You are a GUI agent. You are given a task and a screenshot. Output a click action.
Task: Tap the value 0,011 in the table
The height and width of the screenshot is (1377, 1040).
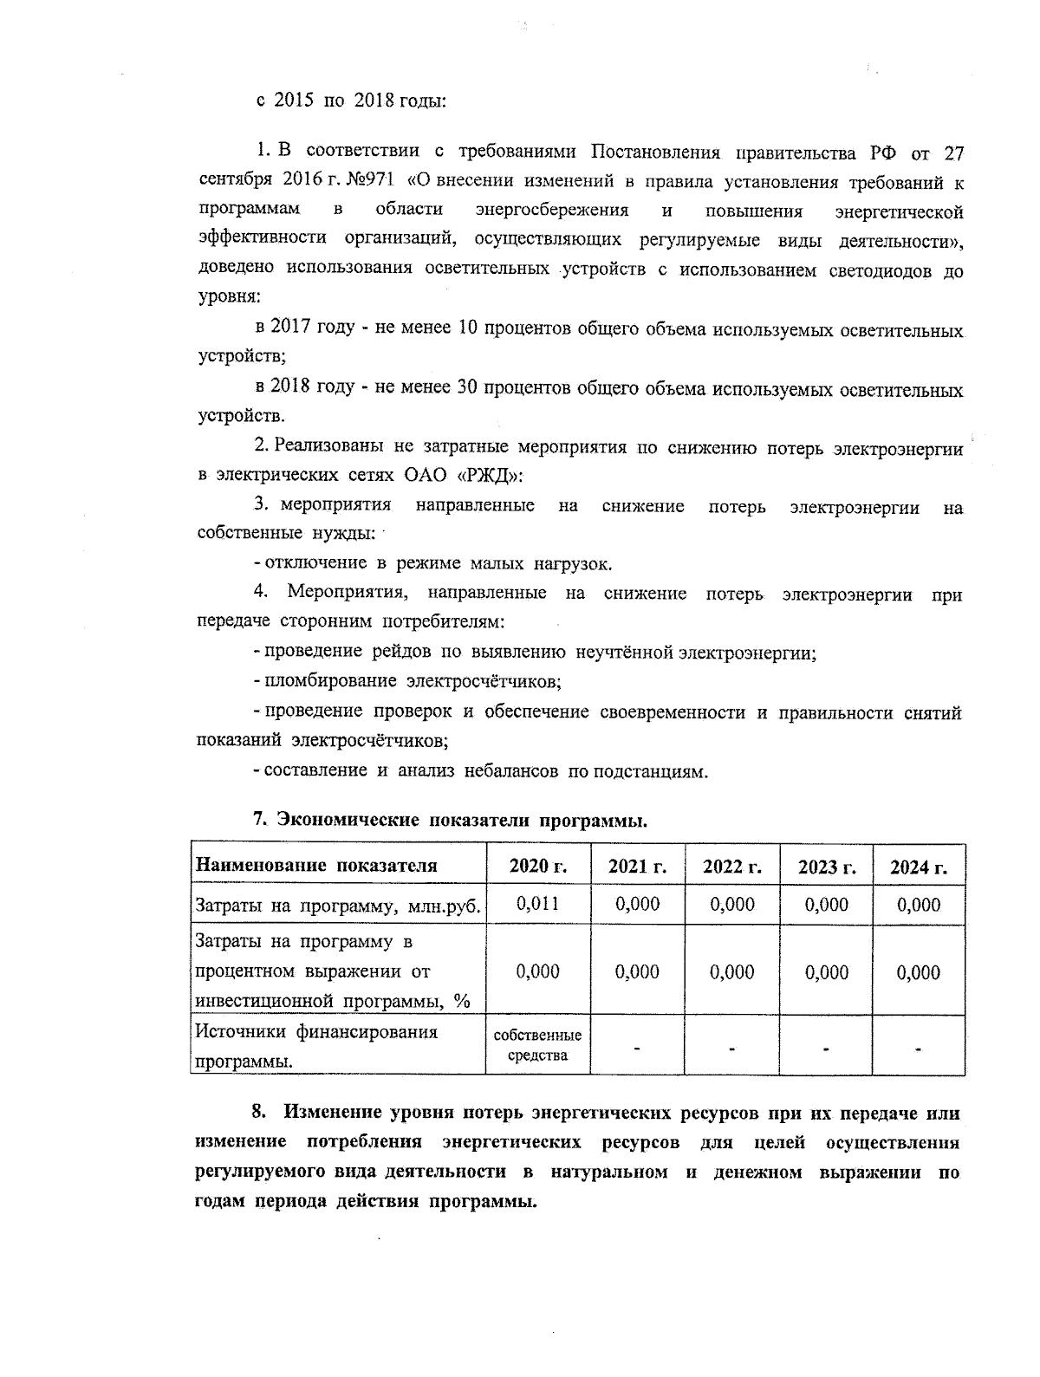(537, 904)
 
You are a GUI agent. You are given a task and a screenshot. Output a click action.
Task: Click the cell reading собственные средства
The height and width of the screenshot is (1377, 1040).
(537, 1045)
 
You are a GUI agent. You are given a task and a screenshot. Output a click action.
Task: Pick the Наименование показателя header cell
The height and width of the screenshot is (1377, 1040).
(316, 866)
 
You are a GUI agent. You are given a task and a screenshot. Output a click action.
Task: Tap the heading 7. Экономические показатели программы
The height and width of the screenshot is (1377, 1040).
(450, 820)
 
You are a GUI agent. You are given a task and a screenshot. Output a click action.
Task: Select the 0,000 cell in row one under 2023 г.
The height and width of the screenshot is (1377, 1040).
(827, 904)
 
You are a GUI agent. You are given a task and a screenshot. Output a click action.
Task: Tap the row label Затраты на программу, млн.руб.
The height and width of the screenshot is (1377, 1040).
(337, 906)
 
